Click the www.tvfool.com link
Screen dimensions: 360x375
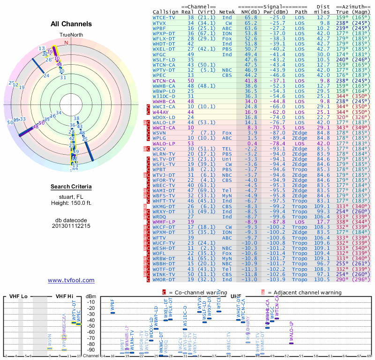point(71,280)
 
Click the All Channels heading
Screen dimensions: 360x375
point(71,24)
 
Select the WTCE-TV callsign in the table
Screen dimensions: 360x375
point(164,17)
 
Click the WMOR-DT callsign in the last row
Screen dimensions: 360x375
point(164,279)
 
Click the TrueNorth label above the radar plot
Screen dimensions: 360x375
point(70,35)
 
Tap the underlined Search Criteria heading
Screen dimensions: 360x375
point(71,187)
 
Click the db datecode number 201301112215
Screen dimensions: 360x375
point(71,225)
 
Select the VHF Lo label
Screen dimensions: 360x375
point(19,296)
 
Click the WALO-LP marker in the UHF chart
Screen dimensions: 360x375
point(291,343)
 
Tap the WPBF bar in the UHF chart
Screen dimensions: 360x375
point(112,312)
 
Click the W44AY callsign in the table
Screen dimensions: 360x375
point(161,112)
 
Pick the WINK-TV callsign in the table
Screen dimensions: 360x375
point(164,273)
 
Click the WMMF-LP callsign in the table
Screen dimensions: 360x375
point(164,221)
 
